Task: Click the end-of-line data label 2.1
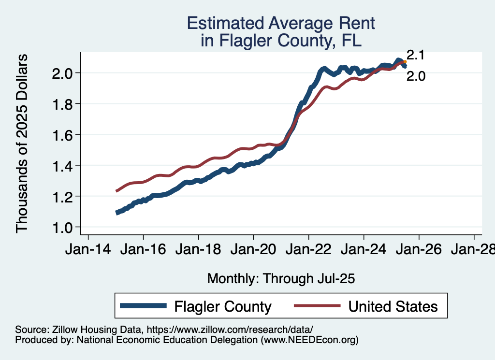(x=415, y=55)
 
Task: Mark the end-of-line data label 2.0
(x=416, y=76)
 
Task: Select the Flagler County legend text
(x=223, y=306)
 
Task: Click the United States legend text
(x=393, y=306)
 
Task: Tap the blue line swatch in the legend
(x=144, y=306)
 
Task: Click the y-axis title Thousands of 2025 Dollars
(x=23, y=144)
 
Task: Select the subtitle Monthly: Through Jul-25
(x=281, y=278)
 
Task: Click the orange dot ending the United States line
(x=405, y=62)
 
